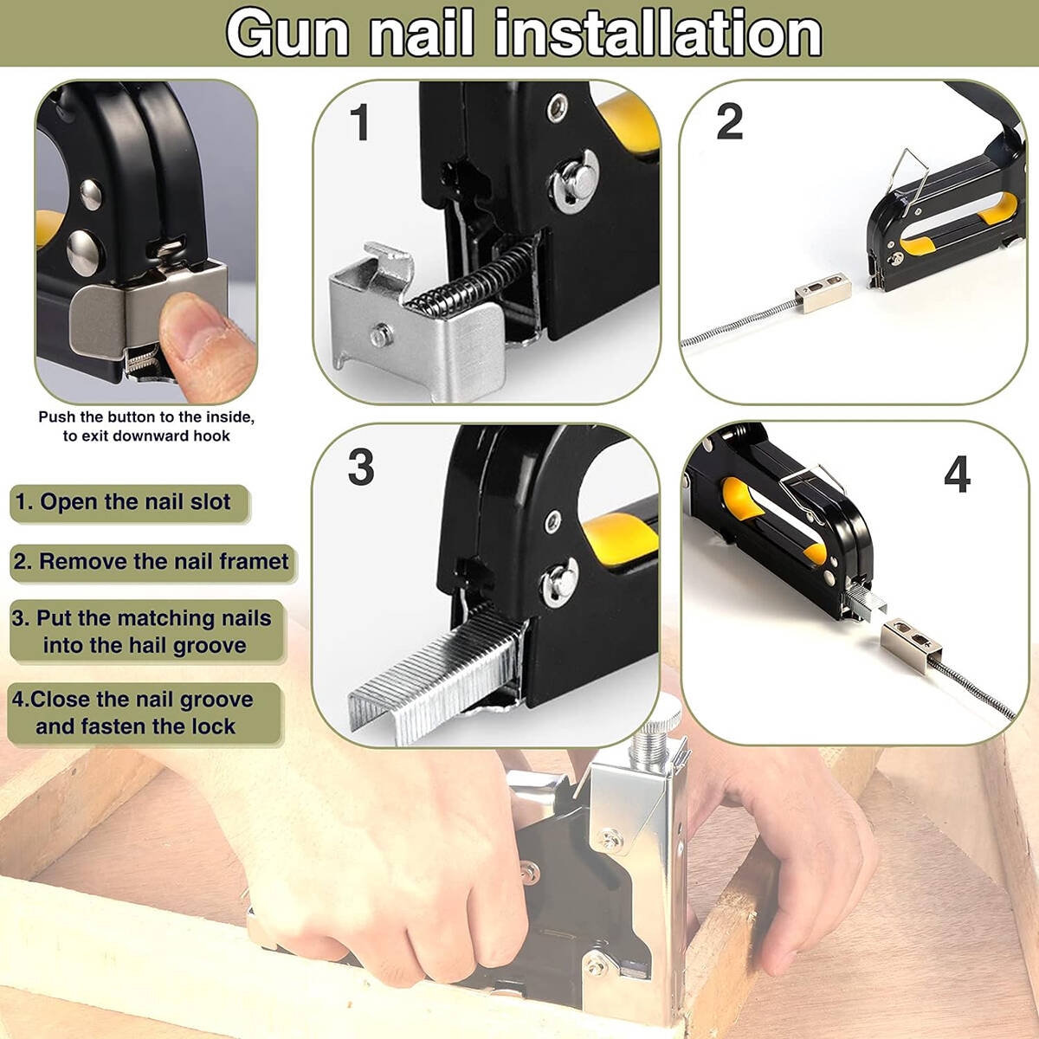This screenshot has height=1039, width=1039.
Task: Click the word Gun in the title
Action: pos(288,34)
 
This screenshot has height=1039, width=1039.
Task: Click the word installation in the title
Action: pos(658,34)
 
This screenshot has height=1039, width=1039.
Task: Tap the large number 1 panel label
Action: pos(360,122)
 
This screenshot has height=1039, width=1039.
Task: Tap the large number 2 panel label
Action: pos(730,122)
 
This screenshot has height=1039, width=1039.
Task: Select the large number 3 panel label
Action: pos(361,467)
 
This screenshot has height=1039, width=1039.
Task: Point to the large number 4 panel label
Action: pos(957,474)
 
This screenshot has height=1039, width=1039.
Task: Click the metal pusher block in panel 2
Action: pos(823,293)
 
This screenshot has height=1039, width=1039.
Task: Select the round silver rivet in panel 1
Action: pos(575,181)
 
